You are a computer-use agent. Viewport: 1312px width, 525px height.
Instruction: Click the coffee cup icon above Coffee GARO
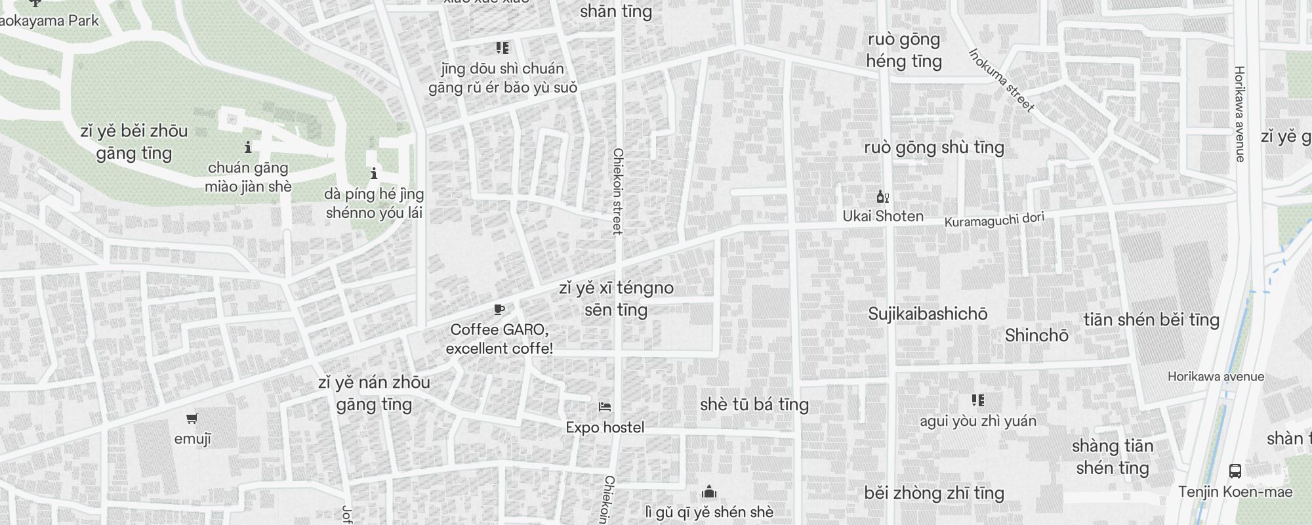pos(499,310)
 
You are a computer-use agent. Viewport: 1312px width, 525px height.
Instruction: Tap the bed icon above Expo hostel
pos(605,407)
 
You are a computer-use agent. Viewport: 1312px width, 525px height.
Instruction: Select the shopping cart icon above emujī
pos(192,419)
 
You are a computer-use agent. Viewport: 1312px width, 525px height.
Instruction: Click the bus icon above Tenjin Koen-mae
pos(1235,471)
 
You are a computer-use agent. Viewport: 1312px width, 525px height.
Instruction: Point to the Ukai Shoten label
pos(883,216)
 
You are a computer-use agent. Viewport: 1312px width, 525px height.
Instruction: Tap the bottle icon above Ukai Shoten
pos(883,196)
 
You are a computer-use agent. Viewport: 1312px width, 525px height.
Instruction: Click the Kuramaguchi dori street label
pos(994,219)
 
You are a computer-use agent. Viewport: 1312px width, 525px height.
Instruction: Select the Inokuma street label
pos(1001,80)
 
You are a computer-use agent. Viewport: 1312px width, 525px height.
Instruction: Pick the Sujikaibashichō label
pos(928,314)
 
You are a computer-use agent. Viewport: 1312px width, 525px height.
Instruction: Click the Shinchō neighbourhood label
pos(1036,335)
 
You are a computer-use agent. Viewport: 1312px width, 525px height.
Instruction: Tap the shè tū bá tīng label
pos(754,404)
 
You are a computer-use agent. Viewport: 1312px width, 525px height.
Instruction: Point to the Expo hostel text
pos(605,427)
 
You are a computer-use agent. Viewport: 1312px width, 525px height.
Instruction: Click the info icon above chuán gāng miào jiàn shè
pos(248,146)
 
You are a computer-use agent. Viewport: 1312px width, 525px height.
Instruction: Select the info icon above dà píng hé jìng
pos(374,174)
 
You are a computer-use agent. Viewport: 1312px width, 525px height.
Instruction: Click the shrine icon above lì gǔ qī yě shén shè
pos(708,492)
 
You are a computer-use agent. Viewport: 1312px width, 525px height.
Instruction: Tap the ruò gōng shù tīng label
pos(934,147)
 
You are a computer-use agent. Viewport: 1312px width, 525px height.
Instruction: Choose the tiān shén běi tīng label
pos(1151,320)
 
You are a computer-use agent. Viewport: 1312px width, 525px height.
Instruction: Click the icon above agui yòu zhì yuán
pos(977,400)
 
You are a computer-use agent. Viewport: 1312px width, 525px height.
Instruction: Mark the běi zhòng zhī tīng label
pos(934,493)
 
